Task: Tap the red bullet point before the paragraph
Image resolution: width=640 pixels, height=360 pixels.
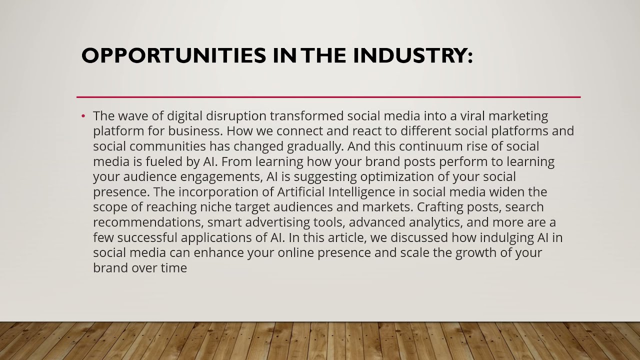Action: [x=83, y=116]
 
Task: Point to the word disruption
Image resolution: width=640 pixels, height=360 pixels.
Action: [x=237, y=116]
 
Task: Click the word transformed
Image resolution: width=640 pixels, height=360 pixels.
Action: [x=307, y=116]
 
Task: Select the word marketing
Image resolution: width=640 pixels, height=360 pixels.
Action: [x=518, y=116]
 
